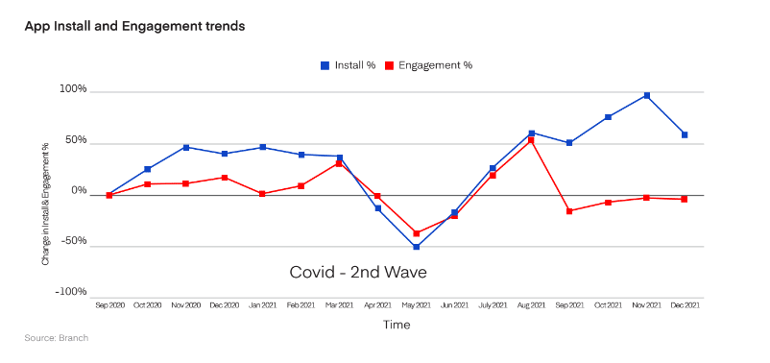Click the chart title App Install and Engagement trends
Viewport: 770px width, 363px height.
pos(134,26)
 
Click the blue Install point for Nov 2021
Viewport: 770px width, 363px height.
pos(646,95)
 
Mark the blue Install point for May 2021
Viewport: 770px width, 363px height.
pos(416,247)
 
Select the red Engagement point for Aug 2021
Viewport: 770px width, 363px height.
pos(531,140)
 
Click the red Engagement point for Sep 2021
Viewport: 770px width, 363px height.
pos(569,210)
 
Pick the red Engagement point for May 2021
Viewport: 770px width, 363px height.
pos(416,233)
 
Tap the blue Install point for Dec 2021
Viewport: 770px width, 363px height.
pos(685,134)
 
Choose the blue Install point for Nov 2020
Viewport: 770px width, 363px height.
pos(185,147)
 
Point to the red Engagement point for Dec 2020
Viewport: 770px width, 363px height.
pos(224,178)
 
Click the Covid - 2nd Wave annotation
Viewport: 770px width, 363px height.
pos(357,273)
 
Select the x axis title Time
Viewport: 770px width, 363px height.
pos(397,325)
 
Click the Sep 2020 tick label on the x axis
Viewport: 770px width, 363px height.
pos(108,305)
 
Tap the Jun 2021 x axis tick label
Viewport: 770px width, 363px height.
pos(454,305)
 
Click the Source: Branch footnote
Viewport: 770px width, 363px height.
pos(56,338)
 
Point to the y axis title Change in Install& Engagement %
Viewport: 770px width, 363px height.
pos(45,204)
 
